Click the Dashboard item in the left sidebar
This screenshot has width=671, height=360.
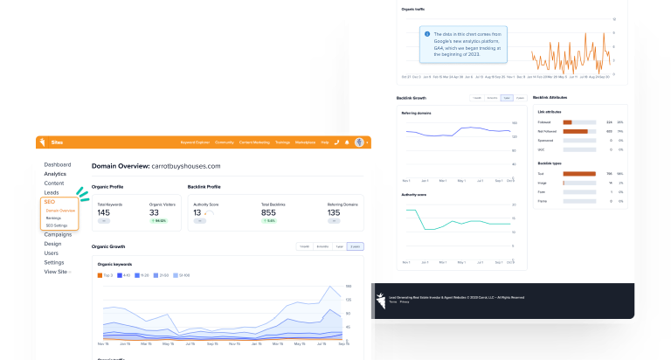click(x=58, y=165)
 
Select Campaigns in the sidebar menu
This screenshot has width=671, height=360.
click(x=58, y=234)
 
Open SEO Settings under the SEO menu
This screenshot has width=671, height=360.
click(x=59, y=225)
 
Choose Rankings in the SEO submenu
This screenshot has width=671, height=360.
click(x=54, y=218)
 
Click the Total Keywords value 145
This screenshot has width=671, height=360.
click(x=103, y=212)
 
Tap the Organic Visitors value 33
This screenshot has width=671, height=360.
click(x=154, y=212)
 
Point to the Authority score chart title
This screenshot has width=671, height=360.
click(x=414, y=194)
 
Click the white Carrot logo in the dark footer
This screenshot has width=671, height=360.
click(x=380, y=302)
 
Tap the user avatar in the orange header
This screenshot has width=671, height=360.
click(x=359, y=142)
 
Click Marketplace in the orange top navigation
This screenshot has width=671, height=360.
click(x=305, y=142)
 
